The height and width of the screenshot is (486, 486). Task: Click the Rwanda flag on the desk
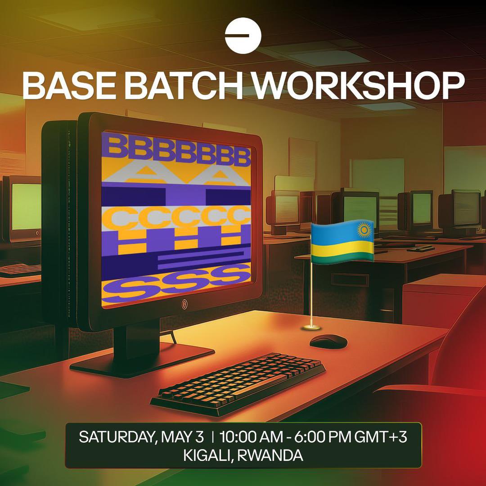342,242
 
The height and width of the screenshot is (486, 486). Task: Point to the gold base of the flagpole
311,327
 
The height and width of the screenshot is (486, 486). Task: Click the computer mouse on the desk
328,341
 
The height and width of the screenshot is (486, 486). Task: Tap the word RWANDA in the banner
270,455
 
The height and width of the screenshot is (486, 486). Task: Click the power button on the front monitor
184,304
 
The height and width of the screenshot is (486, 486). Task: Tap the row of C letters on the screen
176,217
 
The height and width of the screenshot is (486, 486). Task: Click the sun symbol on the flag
364,230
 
